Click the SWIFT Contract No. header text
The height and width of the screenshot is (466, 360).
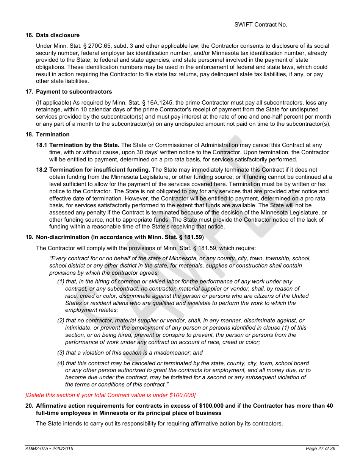[261, 25]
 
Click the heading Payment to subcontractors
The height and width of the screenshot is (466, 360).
[74, 92]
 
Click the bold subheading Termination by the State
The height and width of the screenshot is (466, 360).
[84, 145]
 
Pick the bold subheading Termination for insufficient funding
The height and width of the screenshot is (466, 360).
[100, 170]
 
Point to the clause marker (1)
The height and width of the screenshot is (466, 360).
[61, 281]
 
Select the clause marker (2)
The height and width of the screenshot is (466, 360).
[61, 321]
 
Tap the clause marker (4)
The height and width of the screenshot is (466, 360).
[61, 363]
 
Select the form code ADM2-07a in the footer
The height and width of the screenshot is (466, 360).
[36, 449]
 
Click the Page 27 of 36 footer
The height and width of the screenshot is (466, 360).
[320, 449]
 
